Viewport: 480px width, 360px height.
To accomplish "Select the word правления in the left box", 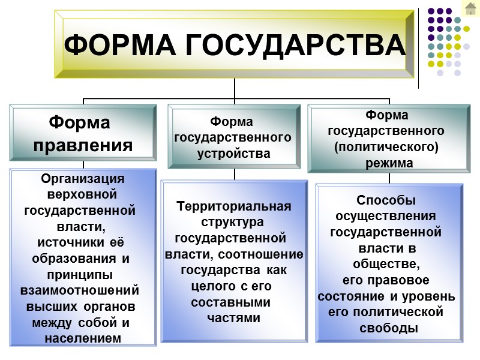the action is pos(83,145).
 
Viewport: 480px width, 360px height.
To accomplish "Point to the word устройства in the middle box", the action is pos(234,154).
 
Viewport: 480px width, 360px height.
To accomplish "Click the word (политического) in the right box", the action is pos(389,146).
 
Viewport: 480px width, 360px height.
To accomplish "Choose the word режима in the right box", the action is pos(389,163).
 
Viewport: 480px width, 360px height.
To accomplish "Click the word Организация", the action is pos(83,179).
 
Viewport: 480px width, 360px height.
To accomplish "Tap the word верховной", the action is pos(82,195).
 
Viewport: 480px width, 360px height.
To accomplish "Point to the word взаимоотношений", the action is pos(80,290).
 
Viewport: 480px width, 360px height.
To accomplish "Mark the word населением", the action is pos(83,339).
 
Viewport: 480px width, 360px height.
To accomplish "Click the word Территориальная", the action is pos(234,207).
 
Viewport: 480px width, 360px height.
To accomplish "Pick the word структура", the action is pos(233,223).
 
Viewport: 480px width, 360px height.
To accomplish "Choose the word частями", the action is pos(233,318).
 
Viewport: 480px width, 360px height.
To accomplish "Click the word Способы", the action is pos(386,200).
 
